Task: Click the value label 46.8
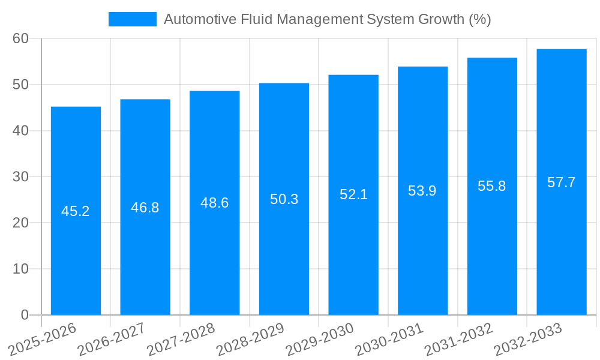point(145,208)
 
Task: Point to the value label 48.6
point(214,203)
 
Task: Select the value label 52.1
point(353,194)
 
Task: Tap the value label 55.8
point(492,186)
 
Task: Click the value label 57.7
point(562,182)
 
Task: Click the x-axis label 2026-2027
point(112,340)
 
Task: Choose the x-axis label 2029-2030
point(320,340)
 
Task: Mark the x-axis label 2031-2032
point(458,340)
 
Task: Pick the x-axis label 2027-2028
point(181,340)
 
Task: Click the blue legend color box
point(132,19)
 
